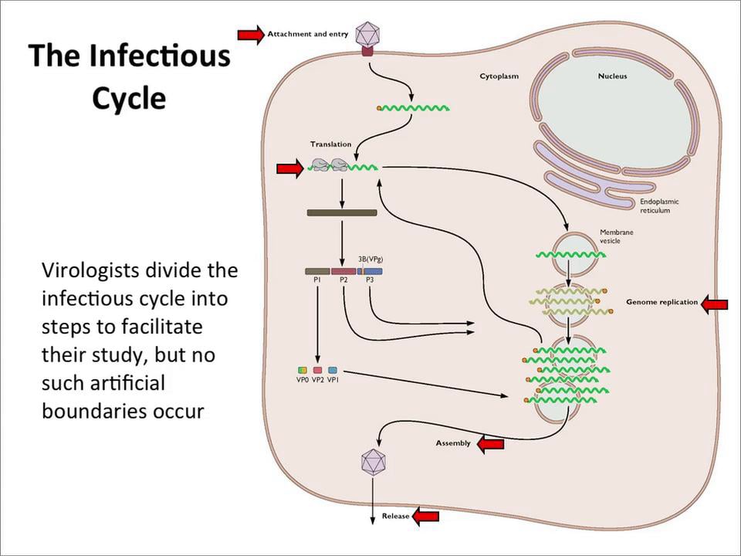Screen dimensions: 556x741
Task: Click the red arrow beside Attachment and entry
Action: point(250,34)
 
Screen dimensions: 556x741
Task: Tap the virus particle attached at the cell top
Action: point(367,33)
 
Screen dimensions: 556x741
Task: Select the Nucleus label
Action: point(612,76)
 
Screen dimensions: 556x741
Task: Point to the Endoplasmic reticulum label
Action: point(660,206)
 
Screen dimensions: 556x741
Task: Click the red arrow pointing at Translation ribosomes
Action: point(289,169)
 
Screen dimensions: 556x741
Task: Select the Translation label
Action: point(330,144)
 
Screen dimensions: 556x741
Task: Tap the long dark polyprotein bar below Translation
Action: point(342,212)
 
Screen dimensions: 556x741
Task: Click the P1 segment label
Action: point(317,280)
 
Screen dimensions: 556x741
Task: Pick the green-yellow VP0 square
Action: point(302,371)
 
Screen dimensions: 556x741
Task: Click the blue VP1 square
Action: point(333,371)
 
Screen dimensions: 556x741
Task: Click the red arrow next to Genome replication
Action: point(715,304)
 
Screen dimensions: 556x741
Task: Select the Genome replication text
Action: point(661,302)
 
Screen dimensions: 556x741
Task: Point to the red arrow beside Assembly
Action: point(491,443)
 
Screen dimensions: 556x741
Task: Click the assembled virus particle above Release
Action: point(374,463)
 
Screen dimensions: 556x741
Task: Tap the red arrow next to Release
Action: point(425,516)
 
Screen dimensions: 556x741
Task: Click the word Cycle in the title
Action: point(129,98)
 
